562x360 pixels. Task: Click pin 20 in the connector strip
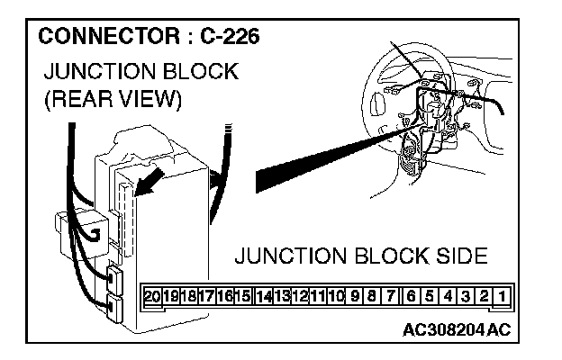point(151,295)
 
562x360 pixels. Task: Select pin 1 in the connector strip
point(502,295)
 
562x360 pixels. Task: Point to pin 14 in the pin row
point(264,295)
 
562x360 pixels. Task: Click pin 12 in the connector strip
point(301,295)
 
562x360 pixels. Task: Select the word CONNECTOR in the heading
point(100,39)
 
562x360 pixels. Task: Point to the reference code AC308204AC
point(457,329)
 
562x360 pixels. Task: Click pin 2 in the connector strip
point(484,295)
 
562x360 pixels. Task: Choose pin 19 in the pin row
point(170,295)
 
